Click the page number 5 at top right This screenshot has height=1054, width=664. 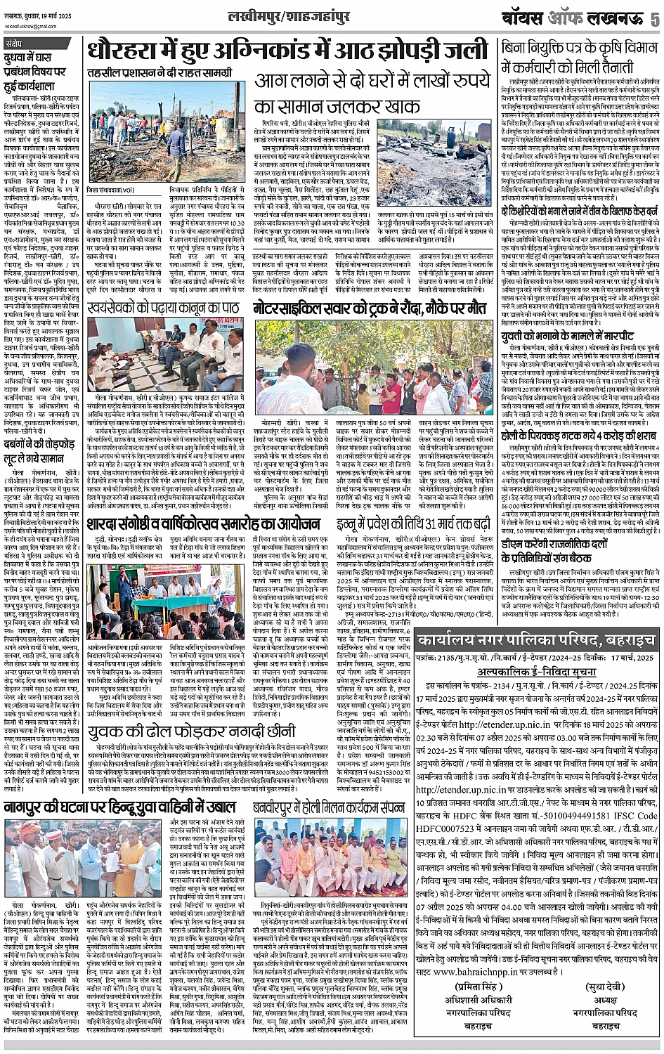(x=654, y=18)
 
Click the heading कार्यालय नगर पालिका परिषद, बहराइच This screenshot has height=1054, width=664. (x=535, y=640)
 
